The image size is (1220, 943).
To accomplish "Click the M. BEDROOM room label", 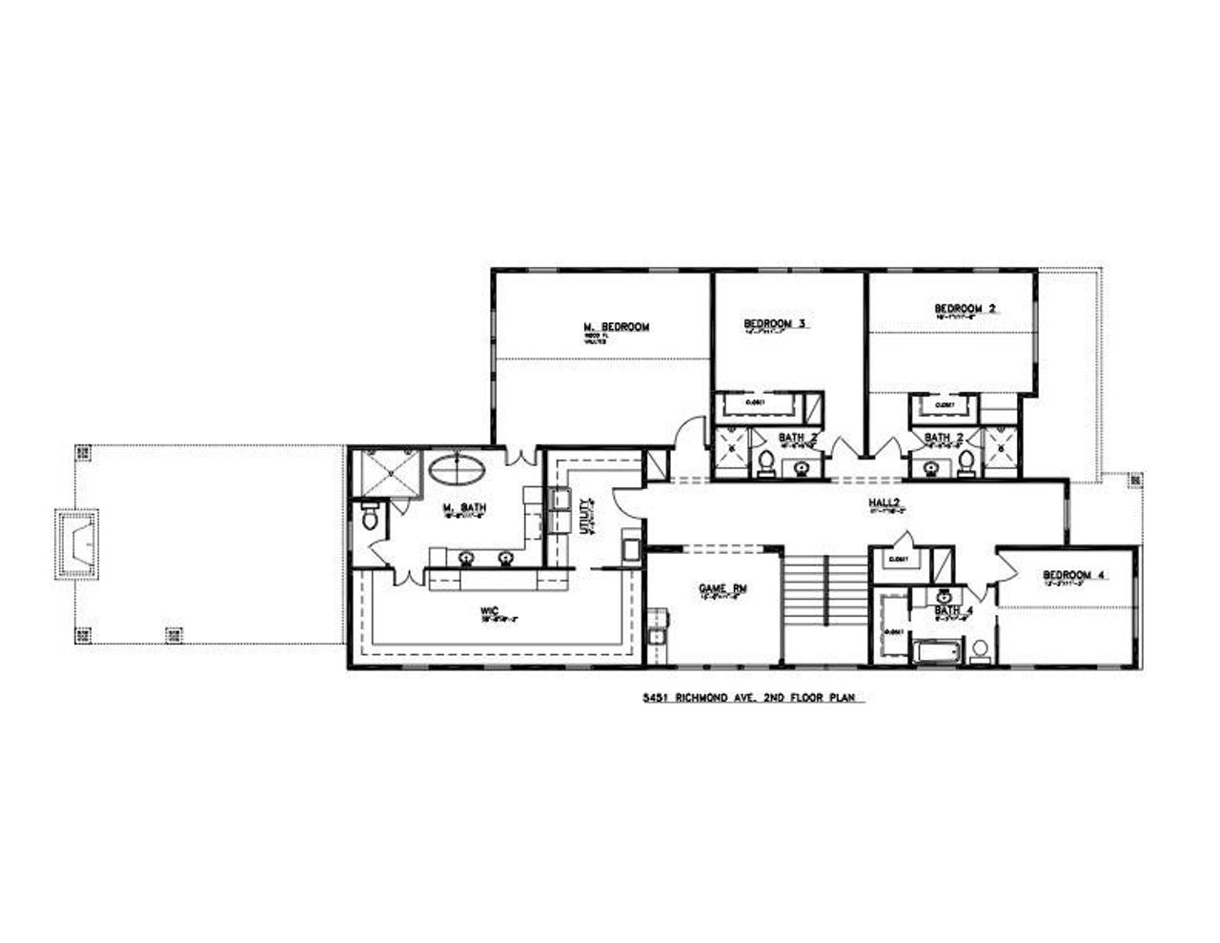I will click(x=616, y=327).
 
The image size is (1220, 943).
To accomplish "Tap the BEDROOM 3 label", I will click(x=775, y=324).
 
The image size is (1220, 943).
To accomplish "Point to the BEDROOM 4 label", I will click(x=1073, y=575).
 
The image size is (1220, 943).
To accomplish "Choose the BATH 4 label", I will click(x=947, y=609).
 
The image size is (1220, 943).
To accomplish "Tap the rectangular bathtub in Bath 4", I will click(x=935, y=653).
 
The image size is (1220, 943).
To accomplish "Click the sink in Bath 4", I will click(x=944, y=596).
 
